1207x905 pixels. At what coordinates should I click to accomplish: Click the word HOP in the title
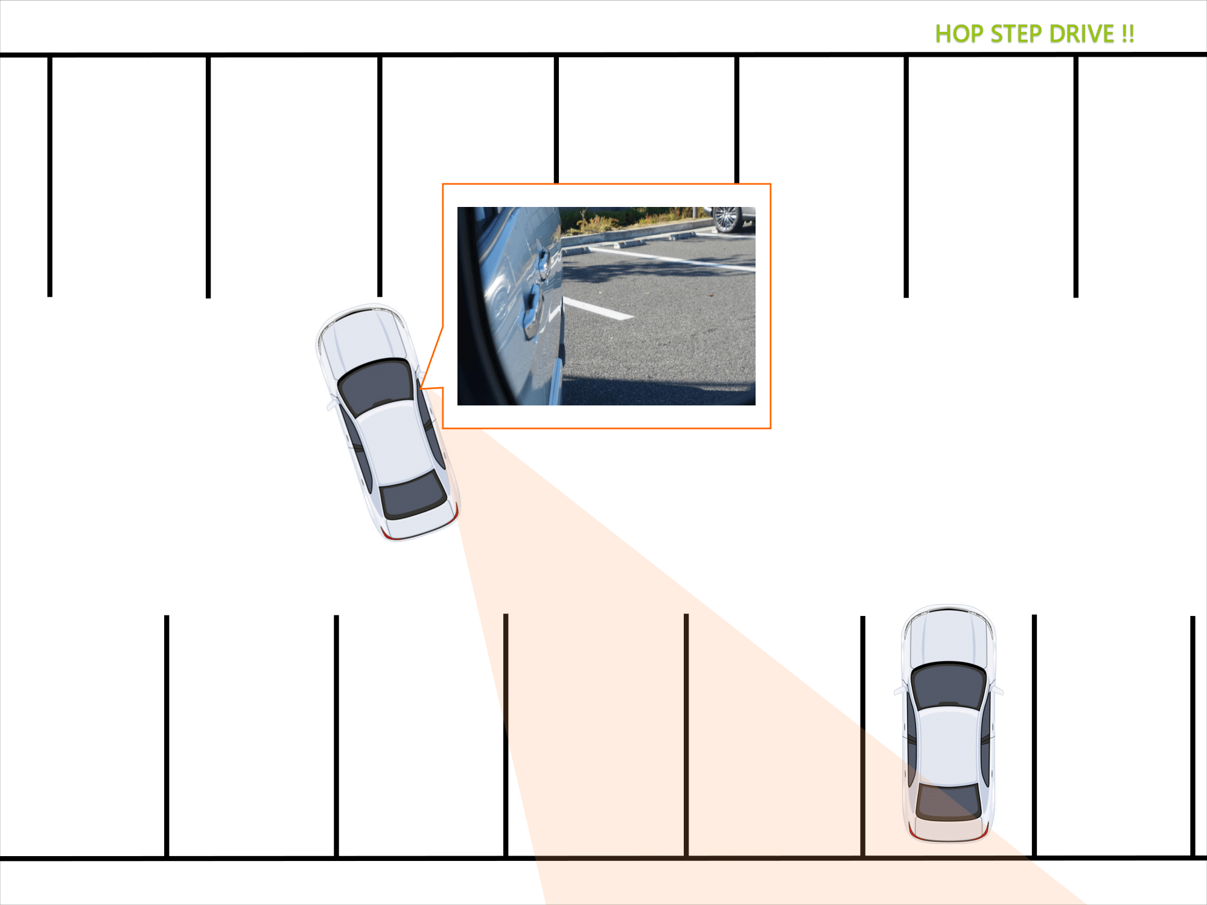click(x=959, y=34)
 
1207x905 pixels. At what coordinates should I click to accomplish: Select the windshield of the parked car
click(x=949, y=685)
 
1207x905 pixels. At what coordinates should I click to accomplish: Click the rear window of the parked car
click(x=949, y=801)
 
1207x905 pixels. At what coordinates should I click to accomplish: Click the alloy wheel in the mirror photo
click(x=727, y=219)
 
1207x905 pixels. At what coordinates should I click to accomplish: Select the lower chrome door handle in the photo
click(x=532, y=311)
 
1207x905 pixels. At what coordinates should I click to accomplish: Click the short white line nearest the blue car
click(x=597, y=308)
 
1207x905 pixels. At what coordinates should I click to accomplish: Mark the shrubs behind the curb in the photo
click(x=628, y=220)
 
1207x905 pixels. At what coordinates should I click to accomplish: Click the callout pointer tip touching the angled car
click(x=421, y=389)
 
